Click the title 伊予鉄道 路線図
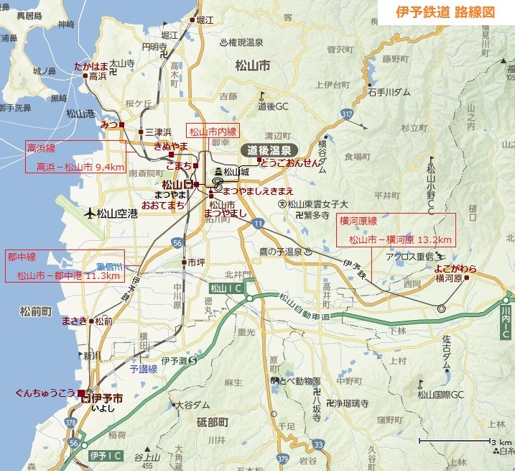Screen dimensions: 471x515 [x=445, y=12]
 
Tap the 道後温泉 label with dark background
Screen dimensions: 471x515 [x=269, y=150]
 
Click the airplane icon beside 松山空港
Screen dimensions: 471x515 [x=90, y=213]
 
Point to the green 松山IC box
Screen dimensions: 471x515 [x=227, y=288]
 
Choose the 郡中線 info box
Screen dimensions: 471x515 [x=65, y=265]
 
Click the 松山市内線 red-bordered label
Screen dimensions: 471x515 [x=212, y=131]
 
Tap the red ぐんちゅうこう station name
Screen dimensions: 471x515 [x=44, y=393]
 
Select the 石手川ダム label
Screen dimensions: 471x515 [x=389, y=91]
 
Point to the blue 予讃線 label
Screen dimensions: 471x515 [x=142, y=368]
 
